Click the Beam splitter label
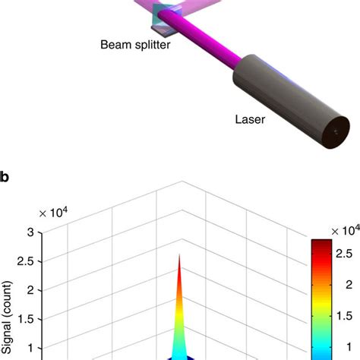click(x=135, y=45)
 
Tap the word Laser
click(x=250, y=119)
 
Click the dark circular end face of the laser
click(x=336, y=133)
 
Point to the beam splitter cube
click(x=165, y=18)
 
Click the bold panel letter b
click(x=4, y=177)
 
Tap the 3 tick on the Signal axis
click(x=30, y=232)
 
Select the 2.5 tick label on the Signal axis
click(x=25, y=261)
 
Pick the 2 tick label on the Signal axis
click(x=30, y=290)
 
